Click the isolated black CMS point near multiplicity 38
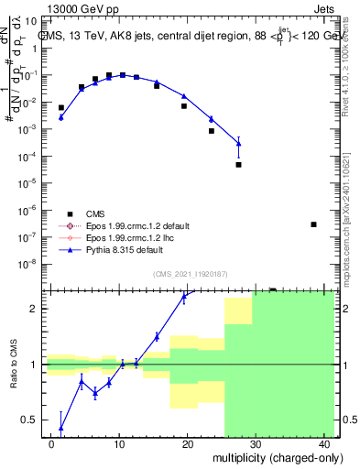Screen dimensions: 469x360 (313, 224)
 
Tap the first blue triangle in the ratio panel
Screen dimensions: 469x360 (61, 427)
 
